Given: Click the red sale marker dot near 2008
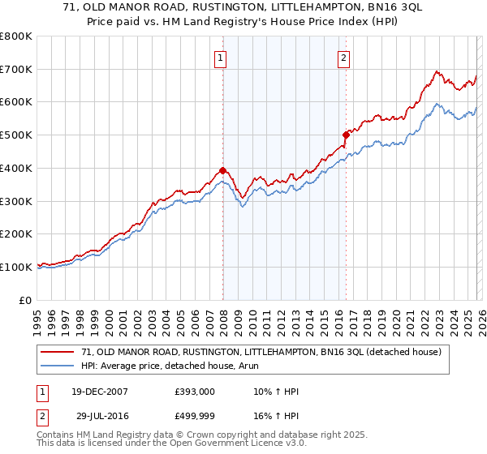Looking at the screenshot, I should (222, 170).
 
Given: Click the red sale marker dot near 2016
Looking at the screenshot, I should (346, 135).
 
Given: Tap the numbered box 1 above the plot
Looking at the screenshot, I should (221, 58).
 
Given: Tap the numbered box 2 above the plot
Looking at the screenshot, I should (344, 58).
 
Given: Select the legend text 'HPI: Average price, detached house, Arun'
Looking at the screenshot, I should (170, 366).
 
